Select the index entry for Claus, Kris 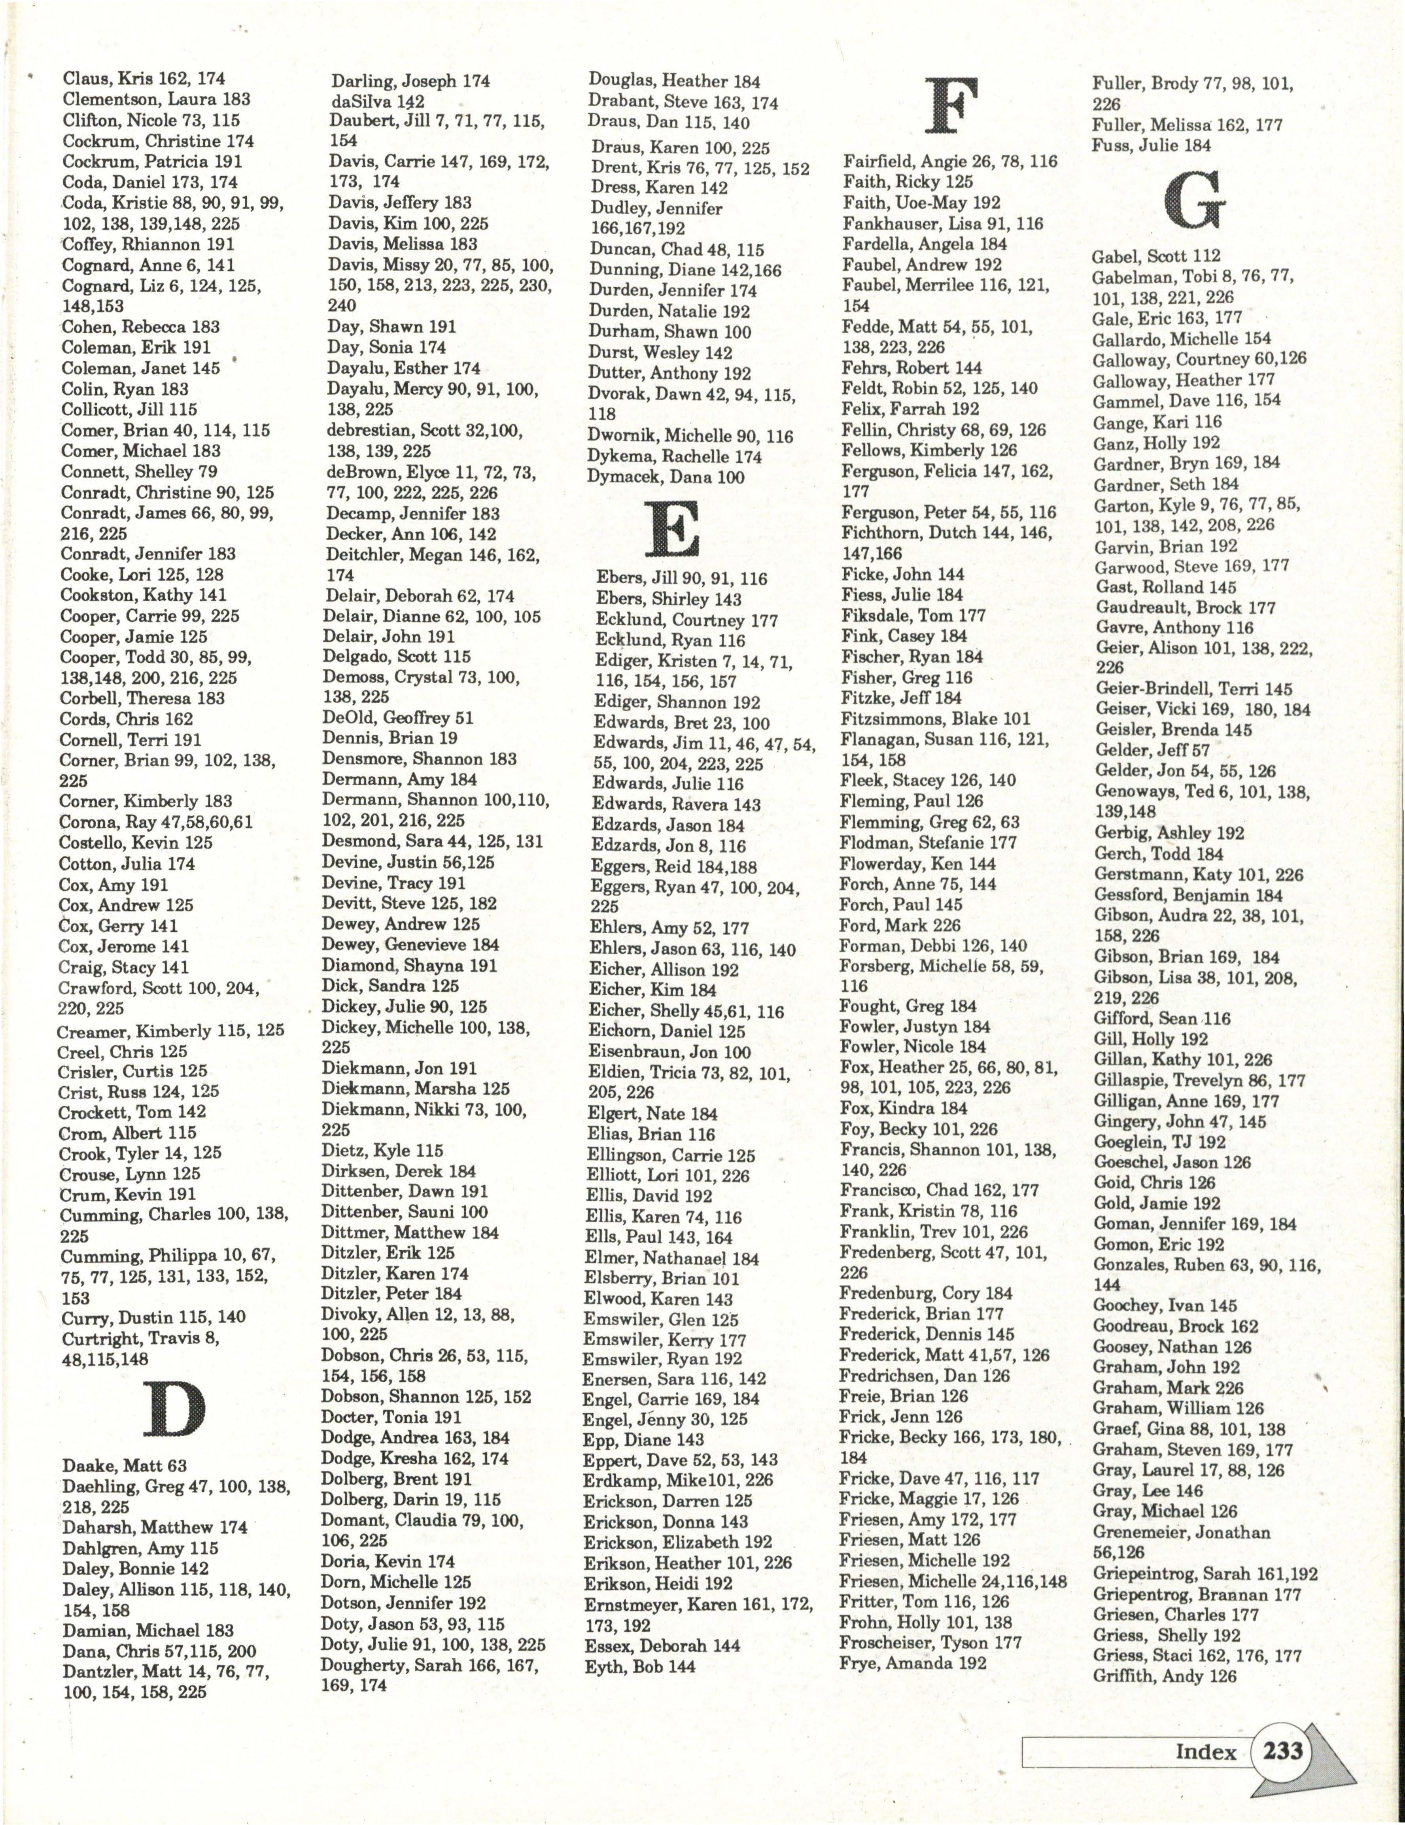click(x=144, y=79)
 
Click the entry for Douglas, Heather click(x=674, y=81)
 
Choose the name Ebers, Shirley click(x=669, y=599)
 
